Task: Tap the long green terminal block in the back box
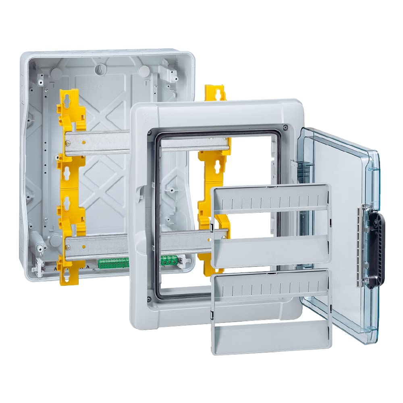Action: pyautogui.click(x=113, y=263)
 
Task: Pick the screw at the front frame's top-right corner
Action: pyautogui.click(x=285, y=127)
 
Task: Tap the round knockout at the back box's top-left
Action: pyautogui.click(x=57, y=72)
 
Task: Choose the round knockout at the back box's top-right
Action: pyautogui.click(x=143, y=71)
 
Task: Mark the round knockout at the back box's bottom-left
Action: pyautogui.click(x=55, y=240)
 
